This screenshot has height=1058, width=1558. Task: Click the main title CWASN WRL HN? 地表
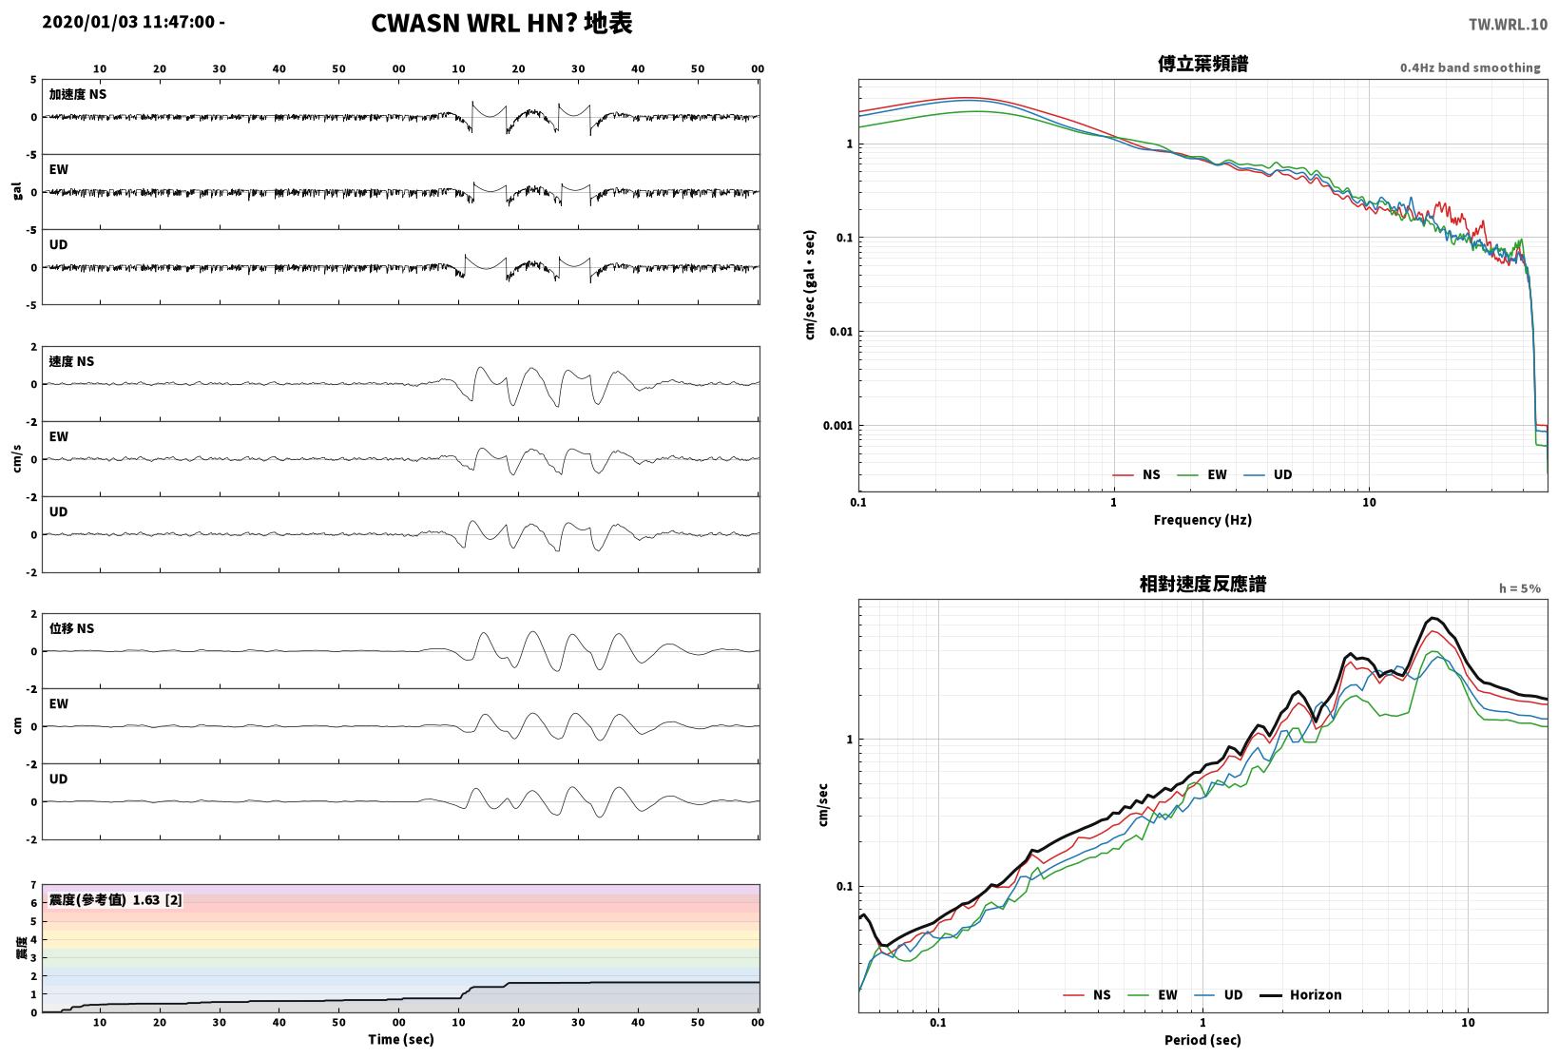tap(502, 23)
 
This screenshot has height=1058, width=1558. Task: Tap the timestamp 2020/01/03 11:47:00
tap(128, 22)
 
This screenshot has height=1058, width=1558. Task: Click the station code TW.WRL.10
tap(1508, 25)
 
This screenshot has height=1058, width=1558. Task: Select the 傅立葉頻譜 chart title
tap(1202, 64)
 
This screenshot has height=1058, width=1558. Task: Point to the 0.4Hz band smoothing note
tap(1471, 67)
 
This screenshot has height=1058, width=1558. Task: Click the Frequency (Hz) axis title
tap(1202, 520)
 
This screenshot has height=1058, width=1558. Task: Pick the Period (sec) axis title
tap(1202, 1040)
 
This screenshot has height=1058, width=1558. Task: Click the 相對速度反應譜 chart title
tap(1202, 584)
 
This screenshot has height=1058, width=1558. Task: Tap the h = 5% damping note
tap(1520, 588)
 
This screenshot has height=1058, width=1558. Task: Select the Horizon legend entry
tap(1300, 994)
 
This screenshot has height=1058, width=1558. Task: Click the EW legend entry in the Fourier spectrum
tap(1202, 474)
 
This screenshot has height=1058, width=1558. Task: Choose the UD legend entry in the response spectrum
tap(1219, 994)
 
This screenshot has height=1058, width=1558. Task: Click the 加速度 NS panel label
tap(78, 94)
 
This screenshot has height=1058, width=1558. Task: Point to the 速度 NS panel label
tap(71, 361)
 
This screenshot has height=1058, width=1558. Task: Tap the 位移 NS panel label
tap(71, 628)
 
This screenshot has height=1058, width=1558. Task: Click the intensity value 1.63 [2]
tap(157, 899)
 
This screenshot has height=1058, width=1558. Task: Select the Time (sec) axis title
tap(400, 1039)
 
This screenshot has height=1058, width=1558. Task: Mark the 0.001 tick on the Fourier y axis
tap(837, 425)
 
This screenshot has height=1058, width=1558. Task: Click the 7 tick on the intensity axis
tap(33, 885)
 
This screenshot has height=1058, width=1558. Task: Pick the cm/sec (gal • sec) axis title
tap(810, 285)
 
